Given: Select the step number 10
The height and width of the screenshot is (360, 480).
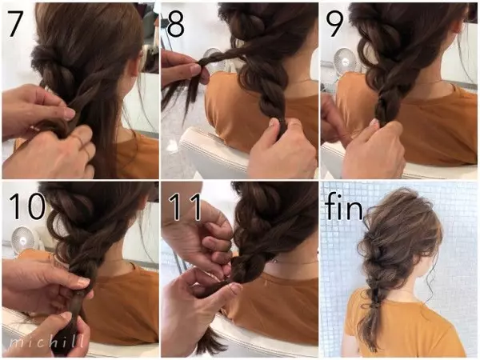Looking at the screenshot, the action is (27, 206).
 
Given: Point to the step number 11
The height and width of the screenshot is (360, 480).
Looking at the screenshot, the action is (186, 206).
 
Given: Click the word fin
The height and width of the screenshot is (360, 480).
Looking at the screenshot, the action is (344, 206).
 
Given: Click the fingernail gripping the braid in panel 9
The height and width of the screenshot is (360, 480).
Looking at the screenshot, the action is (374, 122).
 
